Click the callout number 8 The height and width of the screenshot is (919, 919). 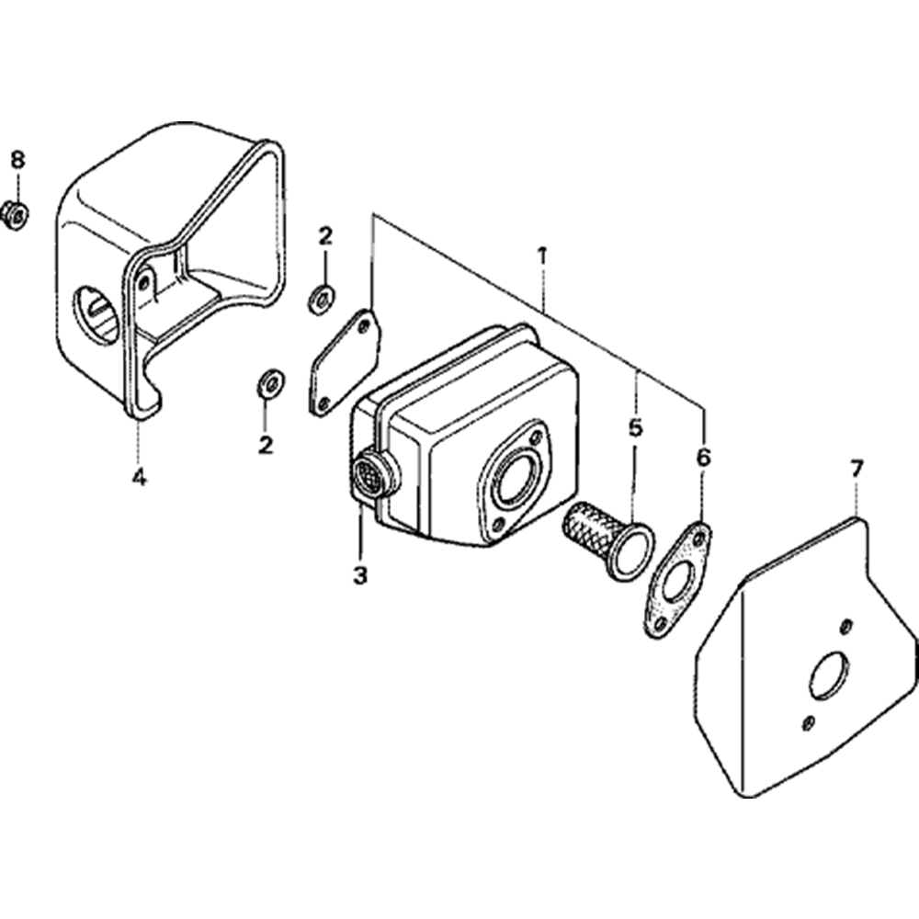(18, 159)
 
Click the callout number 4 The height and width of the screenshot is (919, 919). (139, 478)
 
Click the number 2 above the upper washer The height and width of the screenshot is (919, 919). (325, 236)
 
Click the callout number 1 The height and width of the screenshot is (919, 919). (543, 256)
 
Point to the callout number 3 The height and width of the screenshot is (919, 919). (360, 575)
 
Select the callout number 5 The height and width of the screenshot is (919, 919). (635, 428)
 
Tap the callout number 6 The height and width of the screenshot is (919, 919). (704, 457)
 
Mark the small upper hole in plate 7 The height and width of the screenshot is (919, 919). (845, 628)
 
